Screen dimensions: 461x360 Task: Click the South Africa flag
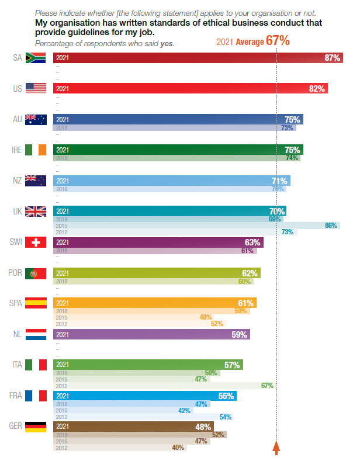36,58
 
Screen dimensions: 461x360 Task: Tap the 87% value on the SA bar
333,58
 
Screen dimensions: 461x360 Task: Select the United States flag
36,89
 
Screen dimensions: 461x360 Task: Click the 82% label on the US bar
317,89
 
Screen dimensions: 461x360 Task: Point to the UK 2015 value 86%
331,225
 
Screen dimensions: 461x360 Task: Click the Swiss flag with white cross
36,242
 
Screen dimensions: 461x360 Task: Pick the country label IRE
18,150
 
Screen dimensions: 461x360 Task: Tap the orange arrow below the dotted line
277,448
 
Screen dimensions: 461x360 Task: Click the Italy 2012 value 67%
268,386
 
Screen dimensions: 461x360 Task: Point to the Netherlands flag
36,334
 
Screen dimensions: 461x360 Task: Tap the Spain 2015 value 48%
205,317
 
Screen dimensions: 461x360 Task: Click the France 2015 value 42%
185,410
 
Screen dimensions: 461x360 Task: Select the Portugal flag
36,273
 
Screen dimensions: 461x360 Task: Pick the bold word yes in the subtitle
168,44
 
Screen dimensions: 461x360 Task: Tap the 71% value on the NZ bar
279,181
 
